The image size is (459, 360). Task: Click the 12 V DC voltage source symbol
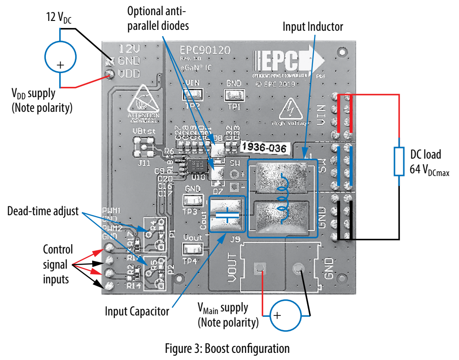click(61, 58)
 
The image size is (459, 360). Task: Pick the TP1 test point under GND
click(234, 94)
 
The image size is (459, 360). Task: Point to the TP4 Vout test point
click(192, 249)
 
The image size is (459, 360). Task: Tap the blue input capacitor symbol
click(227, 213)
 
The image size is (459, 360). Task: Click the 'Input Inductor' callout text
click(313, 27)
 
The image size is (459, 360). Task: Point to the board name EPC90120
click(205, 50)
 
